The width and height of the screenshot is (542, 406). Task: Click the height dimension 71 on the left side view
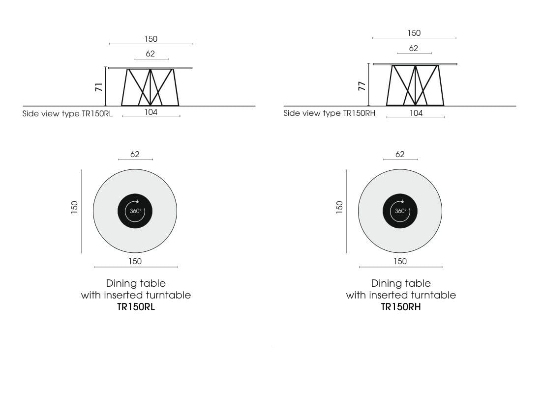pos(99,87)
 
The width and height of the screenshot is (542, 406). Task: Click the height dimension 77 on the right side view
pos(362,86)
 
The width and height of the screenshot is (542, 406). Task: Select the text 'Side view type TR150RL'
pos(67,113)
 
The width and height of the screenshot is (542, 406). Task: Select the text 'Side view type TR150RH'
pos(330,113)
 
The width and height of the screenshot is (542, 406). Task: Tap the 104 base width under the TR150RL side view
pos(151,112)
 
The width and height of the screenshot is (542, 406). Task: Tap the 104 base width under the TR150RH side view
pos(416,113)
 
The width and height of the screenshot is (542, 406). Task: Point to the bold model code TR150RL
pos(135,307)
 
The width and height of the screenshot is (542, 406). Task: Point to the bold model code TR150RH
pos(401,307)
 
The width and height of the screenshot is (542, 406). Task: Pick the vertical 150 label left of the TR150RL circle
pos(74,207)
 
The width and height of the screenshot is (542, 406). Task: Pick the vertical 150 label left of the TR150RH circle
pos(339,207)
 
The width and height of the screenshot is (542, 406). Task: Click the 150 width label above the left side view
pos(151,39)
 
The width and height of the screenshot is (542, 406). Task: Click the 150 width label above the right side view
pos(414,33)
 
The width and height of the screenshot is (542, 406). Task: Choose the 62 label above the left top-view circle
pos(135,154)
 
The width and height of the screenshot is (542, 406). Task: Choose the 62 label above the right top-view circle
pos(400,154)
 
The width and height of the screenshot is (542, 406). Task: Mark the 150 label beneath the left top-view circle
pos(135,261)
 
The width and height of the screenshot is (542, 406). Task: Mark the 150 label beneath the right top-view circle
pos(400,261)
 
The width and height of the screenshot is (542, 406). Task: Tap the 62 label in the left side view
pos(151,54)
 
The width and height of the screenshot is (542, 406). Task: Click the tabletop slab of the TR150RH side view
pos(415,64)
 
